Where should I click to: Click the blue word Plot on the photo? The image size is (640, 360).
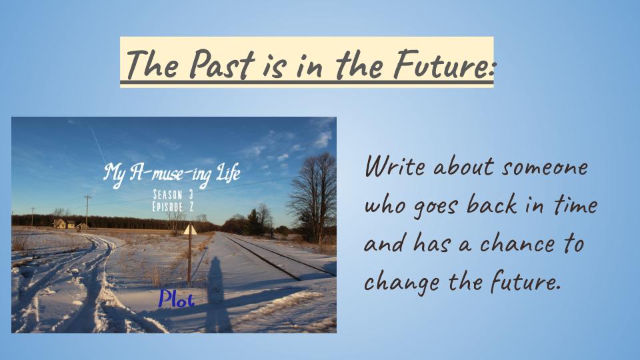[177, 299]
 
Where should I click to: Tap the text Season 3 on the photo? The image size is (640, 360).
[173, 195]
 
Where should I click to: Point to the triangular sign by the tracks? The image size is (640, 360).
[190, 230]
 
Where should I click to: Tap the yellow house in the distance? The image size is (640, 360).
[60, 224]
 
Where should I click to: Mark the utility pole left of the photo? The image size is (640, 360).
[87, 211]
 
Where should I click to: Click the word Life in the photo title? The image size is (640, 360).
[228, 175]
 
